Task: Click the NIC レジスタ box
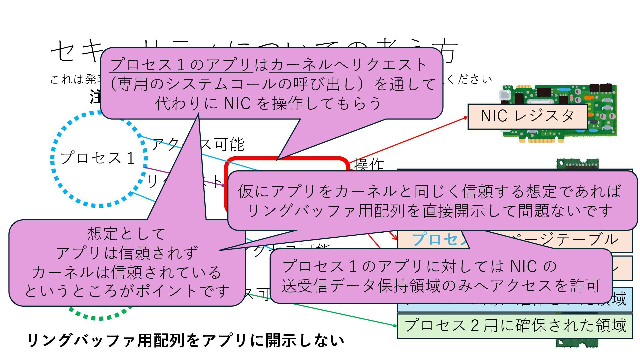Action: pyautogui.click(x=527, y=116)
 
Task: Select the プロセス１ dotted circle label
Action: pyautogui.click(x=97, y=158)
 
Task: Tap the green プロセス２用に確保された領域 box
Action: pyautogui.click(x=515, y=326)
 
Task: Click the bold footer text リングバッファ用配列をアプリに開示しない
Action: pyautogui.click(x=185, y=341)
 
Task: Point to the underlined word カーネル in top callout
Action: pyautogui.click(x=301, y=65)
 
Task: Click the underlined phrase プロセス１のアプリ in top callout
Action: pyautogui.click(x=181, y=65)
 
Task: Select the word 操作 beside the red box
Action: pyautogui.click(x=369, y=165)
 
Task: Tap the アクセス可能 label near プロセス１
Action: pyautogui.click(x=213, y=145)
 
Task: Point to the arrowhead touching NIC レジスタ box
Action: pyautogui.click(x=466, y=117)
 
